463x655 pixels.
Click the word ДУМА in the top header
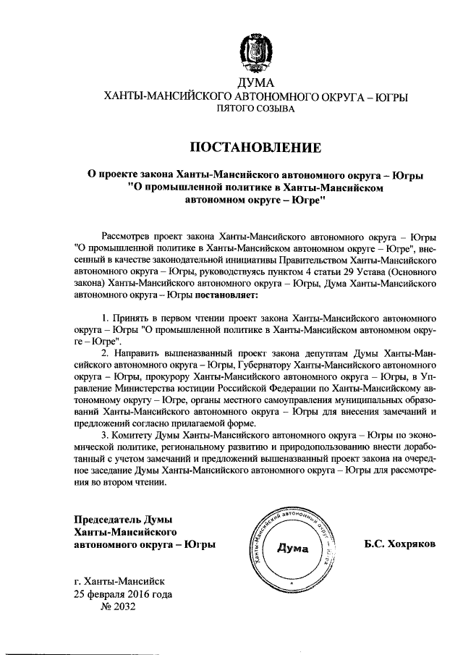coord(255,83)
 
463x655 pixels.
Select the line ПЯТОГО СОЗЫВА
coord(256,109)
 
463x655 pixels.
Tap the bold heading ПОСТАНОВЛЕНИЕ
coord(255,148)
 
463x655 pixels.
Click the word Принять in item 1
coord(129,318)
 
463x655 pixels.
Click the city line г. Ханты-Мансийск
coord(119,581)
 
